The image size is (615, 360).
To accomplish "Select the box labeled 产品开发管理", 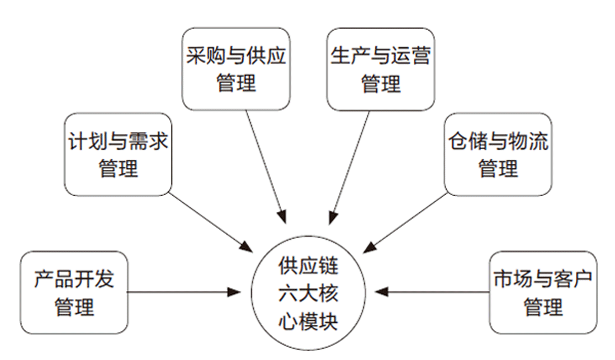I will tap(74, 292).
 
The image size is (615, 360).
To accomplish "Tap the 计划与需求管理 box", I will tap(118, 154).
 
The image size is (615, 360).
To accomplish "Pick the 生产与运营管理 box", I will tap(381, 69).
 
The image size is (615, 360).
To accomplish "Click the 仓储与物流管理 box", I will tap(498, 154).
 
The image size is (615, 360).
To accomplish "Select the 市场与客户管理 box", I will tap(543, 292).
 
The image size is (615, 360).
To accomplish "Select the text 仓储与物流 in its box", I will tap(498, 141).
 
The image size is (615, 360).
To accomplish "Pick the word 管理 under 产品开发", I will tap(74, 307).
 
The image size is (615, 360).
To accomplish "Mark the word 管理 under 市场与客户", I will tap(543, 307).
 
